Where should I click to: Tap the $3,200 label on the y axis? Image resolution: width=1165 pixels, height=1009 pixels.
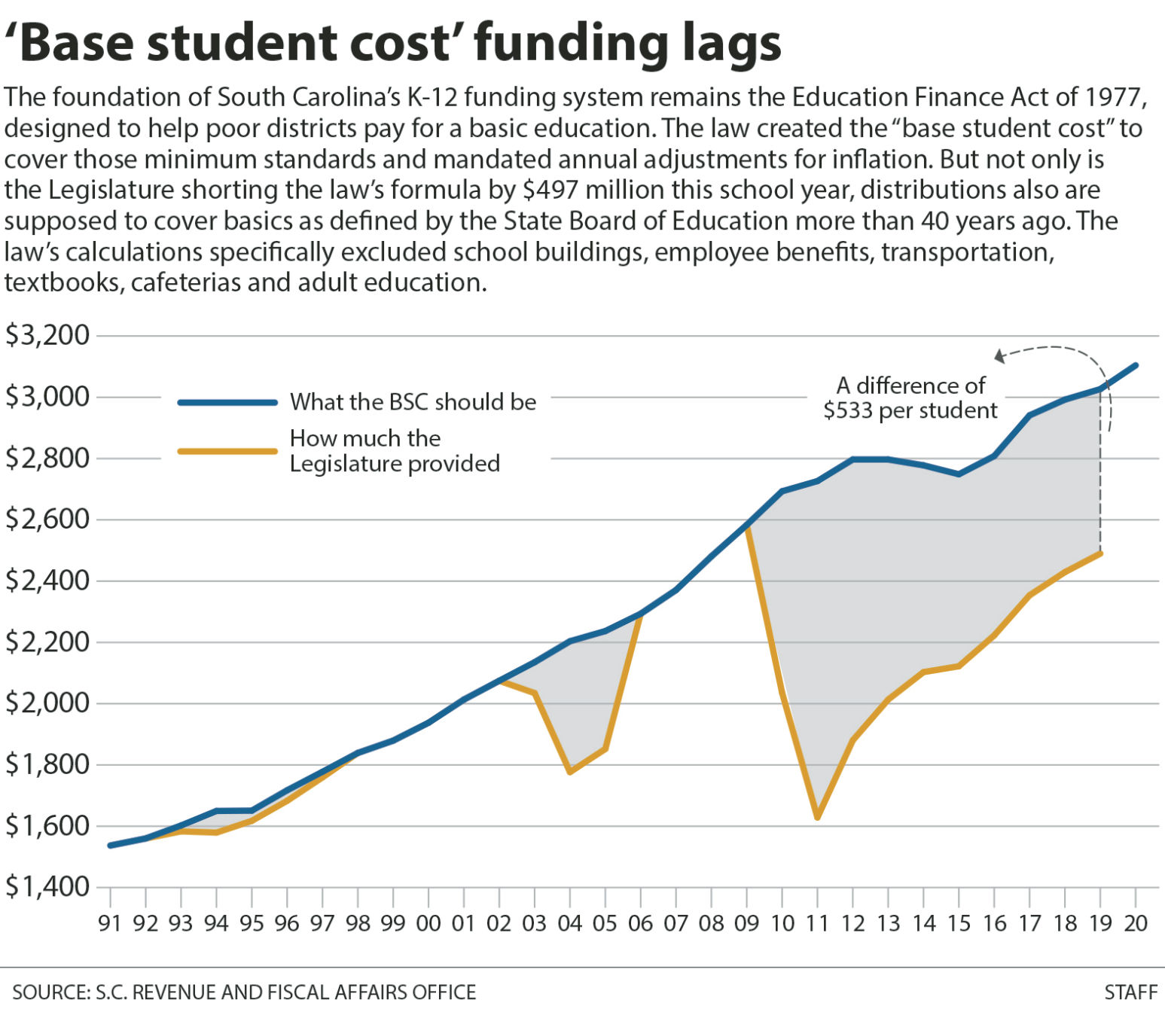click(x=47, y=335)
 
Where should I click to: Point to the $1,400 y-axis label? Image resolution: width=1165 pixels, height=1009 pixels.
click(x=47, y=887)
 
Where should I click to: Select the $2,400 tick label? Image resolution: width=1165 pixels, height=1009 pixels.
click(x=47, y=581)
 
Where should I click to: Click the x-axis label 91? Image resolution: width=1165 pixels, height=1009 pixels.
click(x=110, y=923)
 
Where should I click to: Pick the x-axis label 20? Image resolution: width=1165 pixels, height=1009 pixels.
click(x=1135, y=923)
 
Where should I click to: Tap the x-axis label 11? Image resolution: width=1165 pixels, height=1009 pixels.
click(x=817, y=923)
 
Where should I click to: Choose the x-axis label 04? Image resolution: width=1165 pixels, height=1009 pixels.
click(x=569, y=923)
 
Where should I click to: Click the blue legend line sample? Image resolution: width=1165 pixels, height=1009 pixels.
click(x=227, y=403)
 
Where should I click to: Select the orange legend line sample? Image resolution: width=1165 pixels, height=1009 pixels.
click(x=227, y=451)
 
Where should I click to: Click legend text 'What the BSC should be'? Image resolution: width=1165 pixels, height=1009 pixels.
click(x=413, y=402)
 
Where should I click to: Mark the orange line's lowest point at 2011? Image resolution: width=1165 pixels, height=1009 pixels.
click(x=817, y=817)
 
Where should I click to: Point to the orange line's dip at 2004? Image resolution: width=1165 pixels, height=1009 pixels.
click(x=569, y=772)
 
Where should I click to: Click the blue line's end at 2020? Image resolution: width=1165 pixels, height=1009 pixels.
click(x=1135, y=366)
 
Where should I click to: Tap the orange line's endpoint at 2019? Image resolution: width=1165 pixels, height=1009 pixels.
click(x=1100, y=553)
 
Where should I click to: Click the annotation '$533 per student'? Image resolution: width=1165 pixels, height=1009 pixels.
click(x=910, y=411)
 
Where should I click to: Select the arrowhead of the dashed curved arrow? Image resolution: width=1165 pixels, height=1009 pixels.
click(x=999, y=356)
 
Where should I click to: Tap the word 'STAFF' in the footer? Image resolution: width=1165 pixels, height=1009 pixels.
click(x=1130, y=992)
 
